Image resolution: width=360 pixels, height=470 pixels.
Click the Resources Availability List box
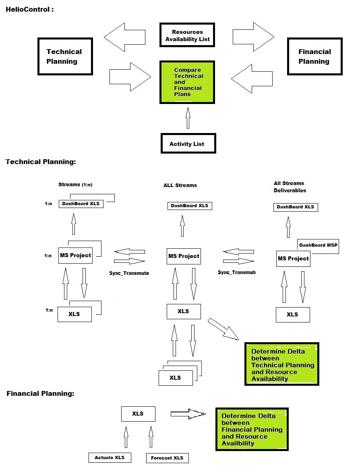[x=187, y=35]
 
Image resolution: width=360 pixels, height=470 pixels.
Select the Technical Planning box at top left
[x=65, y=56]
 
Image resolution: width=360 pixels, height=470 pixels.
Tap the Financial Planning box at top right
[x=314, y=56]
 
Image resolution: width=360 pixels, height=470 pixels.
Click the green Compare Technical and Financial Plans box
[x=188, y=82]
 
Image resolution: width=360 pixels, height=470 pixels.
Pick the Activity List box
[x=188, y=143]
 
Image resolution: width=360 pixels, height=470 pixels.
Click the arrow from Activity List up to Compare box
[x=188, y=119]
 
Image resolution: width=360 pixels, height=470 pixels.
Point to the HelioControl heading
[x=30, y=9]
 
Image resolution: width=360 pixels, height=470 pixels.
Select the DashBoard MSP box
[x=319, y=245]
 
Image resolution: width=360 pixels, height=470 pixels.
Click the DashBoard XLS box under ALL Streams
[x=189, y=206]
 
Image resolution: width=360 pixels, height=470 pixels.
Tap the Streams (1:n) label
[x=75, y=185]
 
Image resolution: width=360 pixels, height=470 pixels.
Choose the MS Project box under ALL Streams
[x=184, y=256]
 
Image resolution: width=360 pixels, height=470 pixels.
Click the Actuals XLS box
[x=110, y=458]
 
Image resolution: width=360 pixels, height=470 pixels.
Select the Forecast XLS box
[x=167, y=458]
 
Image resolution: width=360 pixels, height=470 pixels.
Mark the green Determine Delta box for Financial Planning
[x=252, y=429]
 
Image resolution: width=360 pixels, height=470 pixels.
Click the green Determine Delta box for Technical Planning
[x=282, y=364]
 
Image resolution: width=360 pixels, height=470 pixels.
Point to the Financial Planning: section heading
[x=40, y=393]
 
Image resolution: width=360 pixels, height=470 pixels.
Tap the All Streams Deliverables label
[x=290, y=187]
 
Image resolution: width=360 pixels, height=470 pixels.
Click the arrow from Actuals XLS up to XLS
[x=126, y=437]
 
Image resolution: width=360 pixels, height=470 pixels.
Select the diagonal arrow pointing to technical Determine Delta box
[x=223, y=329]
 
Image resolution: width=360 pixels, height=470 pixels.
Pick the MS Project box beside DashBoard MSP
[x=293, y=259]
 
